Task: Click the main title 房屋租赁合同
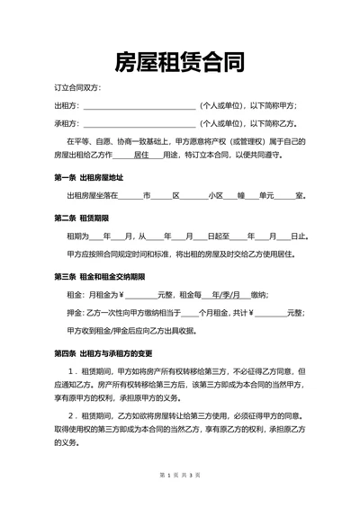180,61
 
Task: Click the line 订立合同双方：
77,87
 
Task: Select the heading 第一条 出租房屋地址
89,177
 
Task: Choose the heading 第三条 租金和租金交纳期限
107,276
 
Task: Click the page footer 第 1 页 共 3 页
180,498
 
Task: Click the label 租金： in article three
75,294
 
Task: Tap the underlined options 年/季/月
223,294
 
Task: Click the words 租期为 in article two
77,236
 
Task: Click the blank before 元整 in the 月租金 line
140,295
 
